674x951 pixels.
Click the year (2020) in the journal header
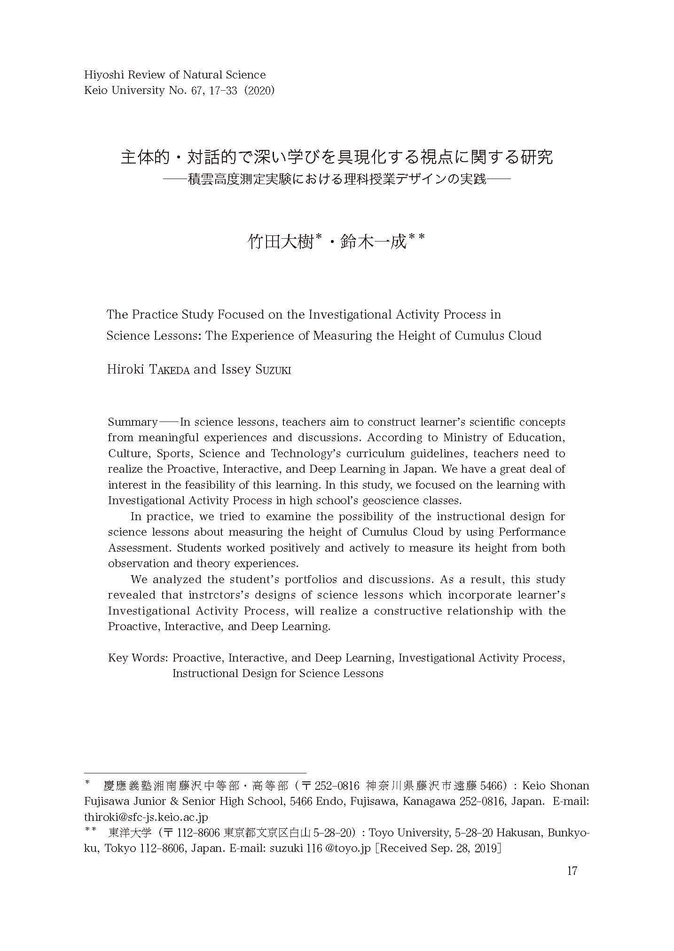click(260, 91)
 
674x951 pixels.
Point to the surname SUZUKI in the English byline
click(274, 370)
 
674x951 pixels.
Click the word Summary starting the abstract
click(133, 422)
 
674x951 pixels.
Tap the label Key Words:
click(138, 658)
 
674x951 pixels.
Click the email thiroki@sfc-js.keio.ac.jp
click(146, 817)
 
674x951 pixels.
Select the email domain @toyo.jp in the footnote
click(351, 849)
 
